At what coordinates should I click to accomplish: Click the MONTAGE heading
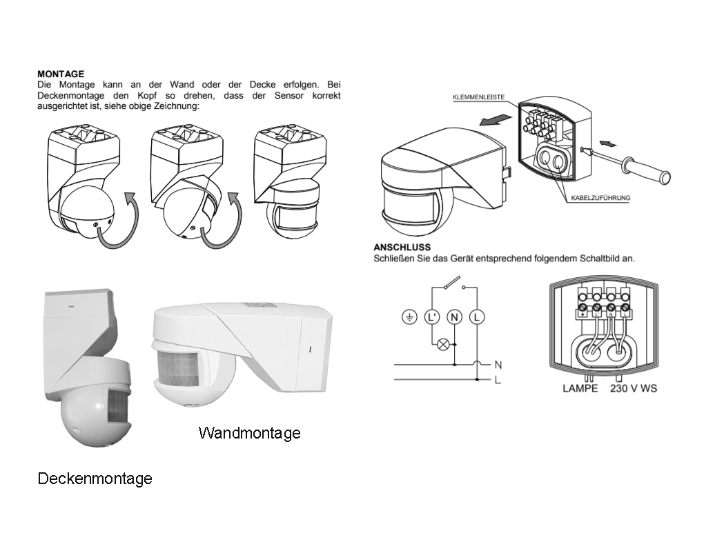[61, 74]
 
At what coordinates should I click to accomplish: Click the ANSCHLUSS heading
[402, 247]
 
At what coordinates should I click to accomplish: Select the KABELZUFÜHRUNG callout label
[600, 198]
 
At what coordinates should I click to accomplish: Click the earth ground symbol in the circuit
[410, 317]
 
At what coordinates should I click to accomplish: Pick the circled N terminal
[454, 317]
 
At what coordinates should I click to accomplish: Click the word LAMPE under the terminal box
[580, 389]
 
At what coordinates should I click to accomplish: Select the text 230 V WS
[633, 389]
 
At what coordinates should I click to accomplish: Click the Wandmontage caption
[249, 433]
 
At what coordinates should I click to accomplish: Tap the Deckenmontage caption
[95, 479]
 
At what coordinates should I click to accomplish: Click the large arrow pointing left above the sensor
[496, 119]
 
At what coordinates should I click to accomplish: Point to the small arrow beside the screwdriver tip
[609, 143]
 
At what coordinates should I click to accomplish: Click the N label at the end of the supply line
[498, 363]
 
